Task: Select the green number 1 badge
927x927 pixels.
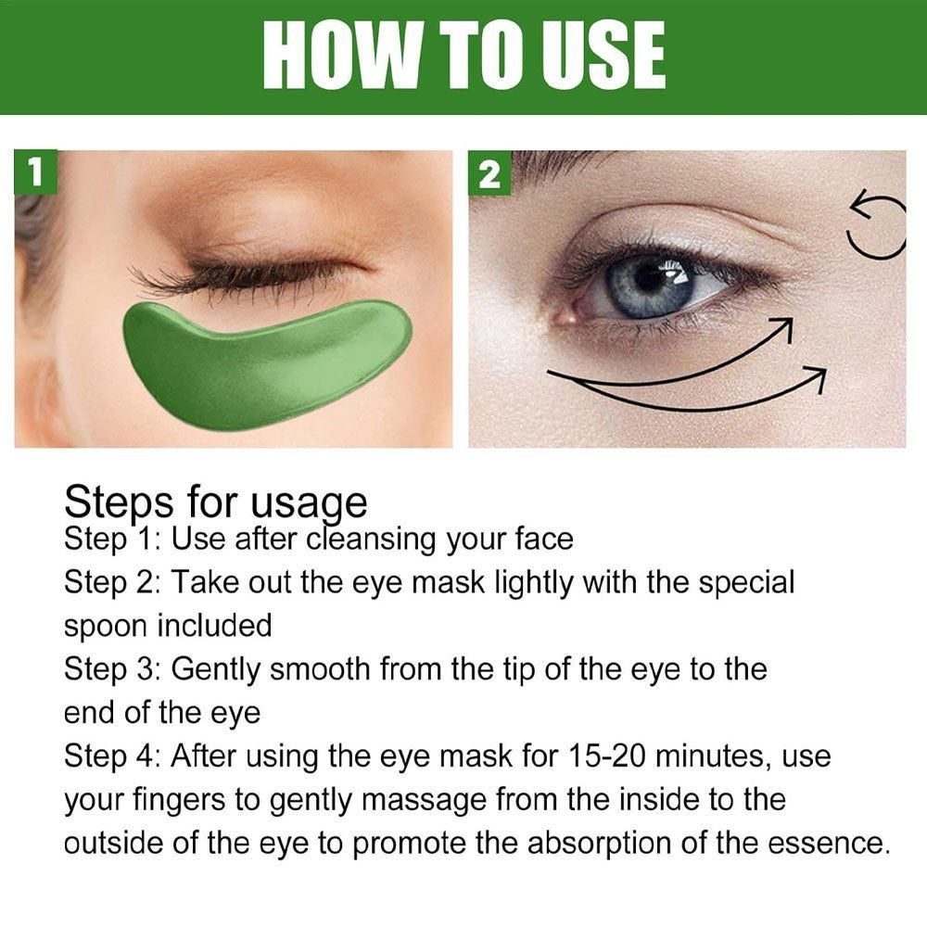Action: coord(36,171)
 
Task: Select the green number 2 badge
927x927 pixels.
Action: coord(489,172)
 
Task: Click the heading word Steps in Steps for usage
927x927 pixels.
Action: coord(119,503)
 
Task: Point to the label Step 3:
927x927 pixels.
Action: coord(112,670)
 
